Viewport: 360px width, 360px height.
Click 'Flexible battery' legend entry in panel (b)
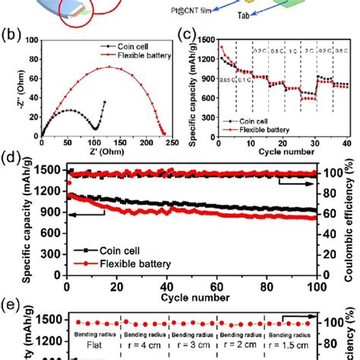pyautogui.click(x=134, y=55)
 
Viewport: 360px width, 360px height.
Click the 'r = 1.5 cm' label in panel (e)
pyautogui.click(x=292, y=343)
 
